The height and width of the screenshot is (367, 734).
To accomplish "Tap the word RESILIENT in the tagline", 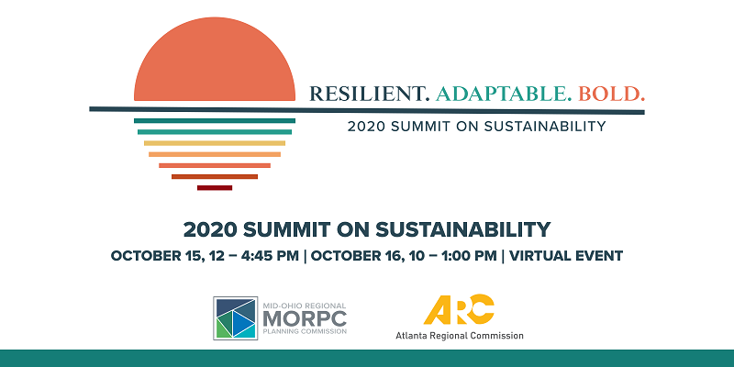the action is pyautogui.click(x=370, y=94).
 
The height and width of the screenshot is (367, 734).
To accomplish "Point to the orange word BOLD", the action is pyautogui.click(x=611, y=94).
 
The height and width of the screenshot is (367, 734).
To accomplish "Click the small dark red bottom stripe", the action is pyautogui.click(x=215, y=188).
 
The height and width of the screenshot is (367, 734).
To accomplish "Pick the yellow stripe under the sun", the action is pyautogui.click(x=215, y=143).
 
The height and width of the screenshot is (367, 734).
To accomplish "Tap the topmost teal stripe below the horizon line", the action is pyautogui.click(x=215, y=121).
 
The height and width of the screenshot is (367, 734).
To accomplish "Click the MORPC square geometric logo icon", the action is pyautogui.click(x=236, y=317).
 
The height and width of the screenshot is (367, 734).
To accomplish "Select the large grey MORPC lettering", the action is pyautogui.click(x=305, y=318).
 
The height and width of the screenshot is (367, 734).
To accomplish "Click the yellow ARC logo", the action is pyautogui.click(x=459, y=309).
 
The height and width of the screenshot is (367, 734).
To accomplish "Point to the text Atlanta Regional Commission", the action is pyautogui.click(x=460, y=336).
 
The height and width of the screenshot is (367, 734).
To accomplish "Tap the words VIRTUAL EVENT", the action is pyautogui.click(x=566, y=256).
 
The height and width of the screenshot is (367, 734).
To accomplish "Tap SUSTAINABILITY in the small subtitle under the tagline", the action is pyautogui.click(x=545, y=126).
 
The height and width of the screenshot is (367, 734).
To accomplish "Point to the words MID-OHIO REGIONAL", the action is pyautogui.click(x=305, y=306).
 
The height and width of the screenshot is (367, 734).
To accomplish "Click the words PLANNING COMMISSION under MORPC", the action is pyautogui.click(x=305, y=331).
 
